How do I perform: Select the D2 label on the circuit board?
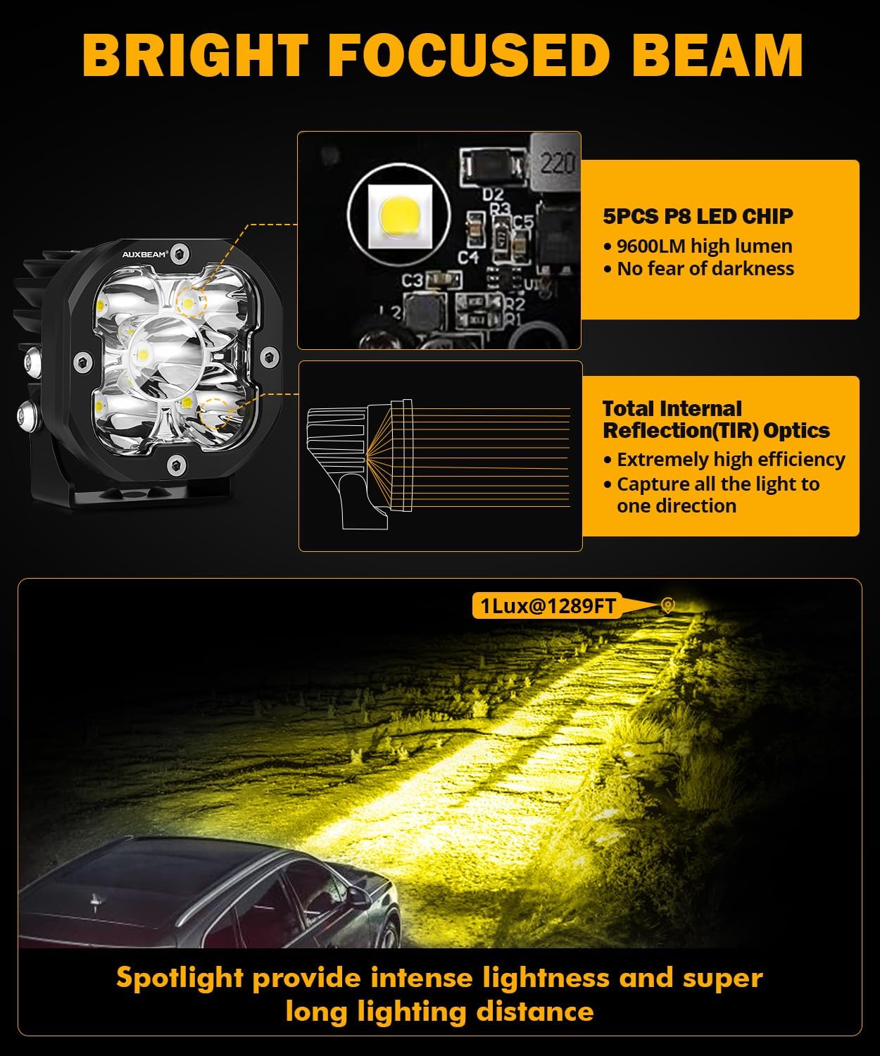coord(494,193)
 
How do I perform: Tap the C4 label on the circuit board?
coord(467,257)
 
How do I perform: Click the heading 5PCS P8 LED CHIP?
coord(698,216)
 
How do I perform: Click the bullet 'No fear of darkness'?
coord(705,269)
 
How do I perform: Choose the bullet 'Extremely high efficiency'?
coord(730,460)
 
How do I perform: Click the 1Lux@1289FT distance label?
coord(548,605)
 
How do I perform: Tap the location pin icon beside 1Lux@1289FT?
coord(667,605)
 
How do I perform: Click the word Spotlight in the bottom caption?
coord(179,979)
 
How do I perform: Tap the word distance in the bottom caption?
coord(535,1012)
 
